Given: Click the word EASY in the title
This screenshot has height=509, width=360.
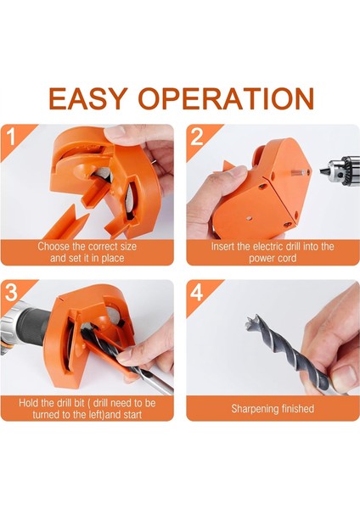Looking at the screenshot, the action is pos(87,98).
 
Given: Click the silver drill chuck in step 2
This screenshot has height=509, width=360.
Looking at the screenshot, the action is pos(340,170).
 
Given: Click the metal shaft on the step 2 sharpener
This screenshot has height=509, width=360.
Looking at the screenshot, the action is pos(298,172).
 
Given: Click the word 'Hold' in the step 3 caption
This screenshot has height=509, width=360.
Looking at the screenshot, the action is pos(26,403).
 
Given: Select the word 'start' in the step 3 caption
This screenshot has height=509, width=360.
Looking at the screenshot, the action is pos(132,415).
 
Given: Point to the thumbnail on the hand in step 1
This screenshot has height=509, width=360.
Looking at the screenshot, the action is pos(115,131).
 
